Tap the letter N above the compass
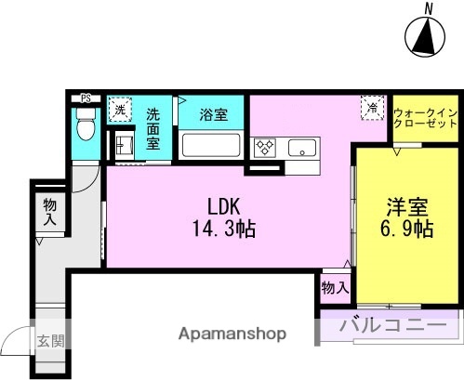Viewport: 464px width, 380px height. pyautogui.click(x=429, y=8)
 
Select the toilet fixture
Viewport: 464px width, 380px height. pyautogui.click(x=86, y=124)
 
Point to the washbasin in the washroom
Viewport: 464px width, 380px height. pyautogui.click(x=122, y=143)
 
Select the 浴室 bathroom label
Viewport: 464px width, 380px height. pyautogui.click(x=214, y=115)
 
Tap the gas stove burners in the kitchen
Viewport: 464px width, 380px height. pyautogui.click(x=263, y=147)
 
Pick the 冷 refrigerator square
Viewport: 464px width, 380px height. pyautogui.click(x=371, y=110)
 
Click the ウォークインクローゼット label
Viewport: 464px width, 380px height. pyautogui.click(x=425, y=116)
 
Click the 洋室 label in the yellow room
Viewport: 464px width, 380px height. pyautogui.click(x=406, y=207)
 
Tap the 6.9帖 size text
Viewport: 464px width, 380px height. pyautogui.click(x=406, y=229)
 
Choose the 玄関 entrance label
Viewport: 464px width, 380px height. pyautogui.click(x=50, y=341)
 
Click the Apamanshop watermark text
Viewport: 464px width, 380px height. pyautogui.click(x=232, y=334)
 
